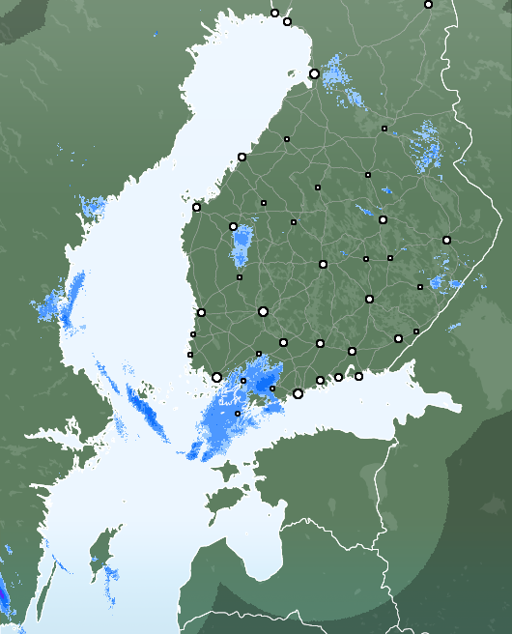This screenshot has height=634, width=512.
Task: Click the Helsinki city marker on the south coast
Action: [298, 393]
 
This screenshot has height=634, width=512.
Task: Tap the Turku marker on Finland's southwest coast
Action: [217, 377]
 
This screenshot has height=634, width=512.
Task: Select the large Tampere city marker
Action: [263, 311]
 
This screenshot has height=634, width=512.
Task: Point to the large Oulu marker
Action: [314, 73]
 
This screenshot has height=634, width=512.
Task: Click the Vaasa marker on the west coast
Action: [197, 207]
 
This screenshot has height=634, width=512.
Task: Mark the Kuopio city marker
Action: [384, 219]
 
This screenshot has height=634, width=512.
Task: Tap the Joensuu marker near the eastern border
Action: [446, 240]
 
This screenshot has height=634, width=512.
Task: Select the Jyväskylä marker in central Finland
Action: [323, 264]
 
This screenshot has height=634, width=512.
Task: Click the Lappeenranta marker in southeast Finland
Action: [398, 338]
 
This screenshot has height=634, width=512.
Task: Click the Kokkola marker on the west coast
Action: [242, 157]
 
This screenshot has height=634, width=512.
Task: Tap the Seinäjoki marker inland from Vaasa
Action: [233, 226]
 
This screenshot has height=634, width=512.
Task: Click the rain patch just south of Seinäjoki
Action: [242, 246]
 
